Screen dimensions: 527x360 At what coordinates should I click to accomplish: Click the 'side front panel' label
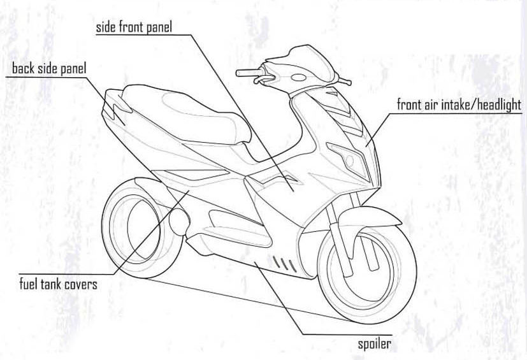(134, 27)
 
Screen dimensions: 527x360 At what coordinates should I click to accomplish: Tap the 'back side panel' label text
(48, 68)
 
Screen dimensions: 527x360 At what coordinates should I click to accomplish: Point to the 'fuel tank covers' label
(58, 284)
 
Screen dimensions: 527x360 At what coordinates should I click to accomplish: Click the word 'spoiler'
(374, 344)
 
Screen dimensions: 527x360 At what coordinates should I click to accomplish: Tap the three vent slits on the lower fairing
(284, 263)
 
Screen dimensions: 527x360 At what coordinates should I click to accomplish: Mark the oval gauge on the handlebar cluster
(298, 77)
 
